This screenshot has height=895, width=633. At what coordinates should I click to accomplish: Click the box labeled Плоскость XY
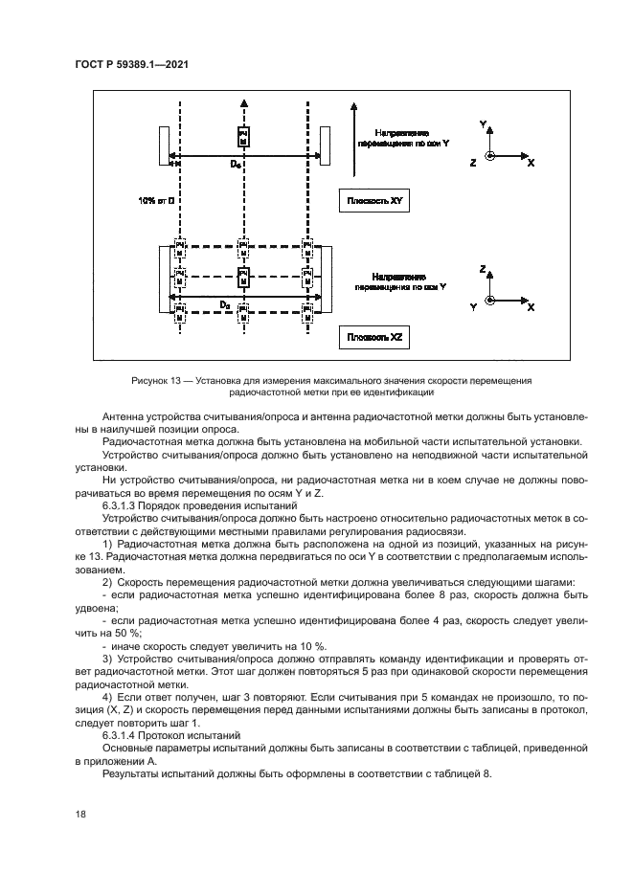click(381, 201)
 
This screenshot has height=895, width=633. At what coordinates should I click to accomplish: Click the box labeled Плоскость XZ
click(381, 339)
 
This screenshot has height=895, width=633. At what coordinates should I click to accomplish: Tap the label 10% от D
click(154, 201)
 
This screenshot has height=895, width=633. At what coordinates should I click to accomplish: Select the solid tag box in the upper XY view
click(243, 136)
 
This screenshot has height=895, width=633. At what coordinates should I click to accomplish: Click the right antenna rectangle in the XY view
click(325, 145)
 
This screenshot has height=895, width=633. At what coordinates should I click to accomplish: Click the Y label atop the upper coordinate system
click(483, 124)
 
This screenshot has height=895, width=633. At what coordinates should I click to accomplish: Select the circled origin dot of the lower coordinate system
click(490, 301)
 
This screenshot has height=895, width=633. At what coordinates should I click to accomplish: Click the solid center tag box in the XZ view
click(243, 278)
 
